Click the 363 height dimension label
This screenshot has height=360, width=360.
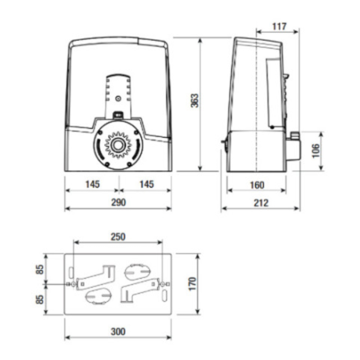click(194, 100)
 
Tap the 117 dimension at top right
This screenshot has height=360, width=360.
click(279, 26)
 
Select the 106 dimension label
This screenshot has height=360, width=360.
click(316, 151)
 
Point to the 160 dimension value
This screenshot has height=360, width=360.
click(257, 185)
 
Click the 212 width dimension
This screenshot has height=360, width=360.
click(261, 203)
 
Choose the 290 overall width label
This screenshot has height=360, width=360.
click(118, 202)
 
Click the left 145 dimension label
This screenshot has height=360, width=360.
click(92, 184)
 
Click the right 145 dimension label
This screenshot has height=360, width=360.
click(146, 184)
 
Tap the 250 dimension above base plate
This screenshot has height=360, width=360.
click(118, 236)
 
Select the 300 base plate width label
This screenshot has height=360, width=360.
click(118, 332)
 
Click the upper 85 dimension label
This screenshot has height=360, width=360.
click(40, 270)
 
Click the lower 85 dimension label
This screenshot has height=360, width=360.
click(40, 299)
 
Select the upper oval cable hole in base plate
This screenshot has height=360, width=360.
click(137, 272)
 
